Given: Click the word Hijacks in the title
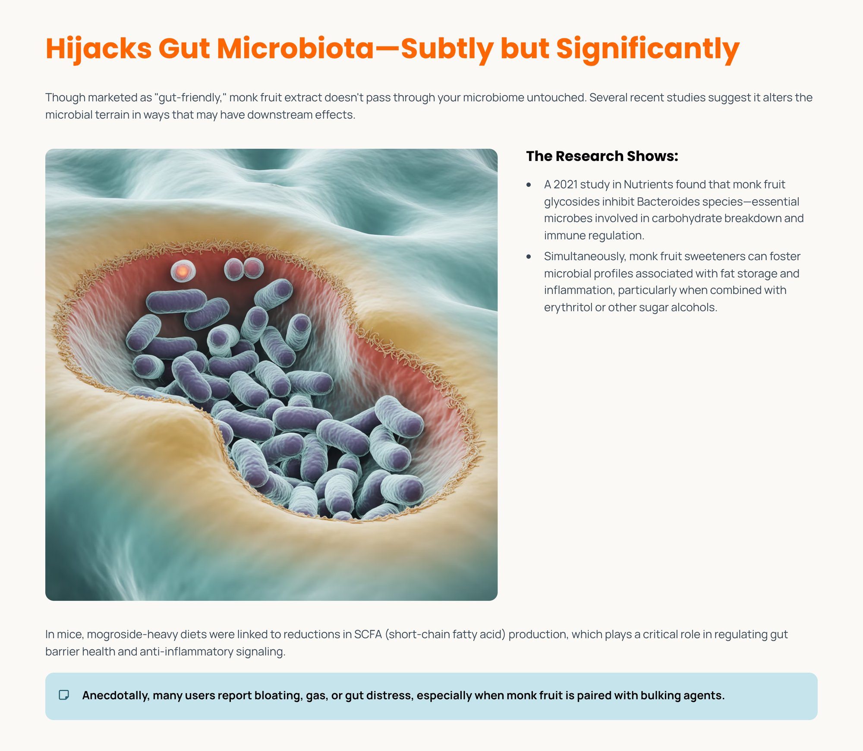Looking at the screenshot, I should coord(98,48).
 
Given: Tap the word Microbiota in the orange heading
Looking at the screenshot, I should coord(295,48).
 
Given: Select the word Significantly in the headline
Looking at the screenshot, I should coord(648,48).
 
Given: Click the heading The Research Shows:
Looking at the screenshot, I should coord(602,156).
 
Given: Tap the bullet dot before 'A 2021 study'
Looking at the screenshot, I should coord(529,185).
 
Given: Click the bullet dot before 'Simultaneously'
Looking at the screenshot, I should coord(529,257).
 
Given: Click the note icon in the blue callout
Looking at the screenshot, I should coord(64,695).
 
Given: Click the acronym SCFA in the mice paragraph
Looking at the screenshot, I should coord(368,634).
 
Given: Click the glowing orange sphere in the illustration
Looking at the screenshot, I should coord(183,271).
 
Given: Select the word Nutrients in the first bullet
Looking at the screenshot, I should coord(648,185).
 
